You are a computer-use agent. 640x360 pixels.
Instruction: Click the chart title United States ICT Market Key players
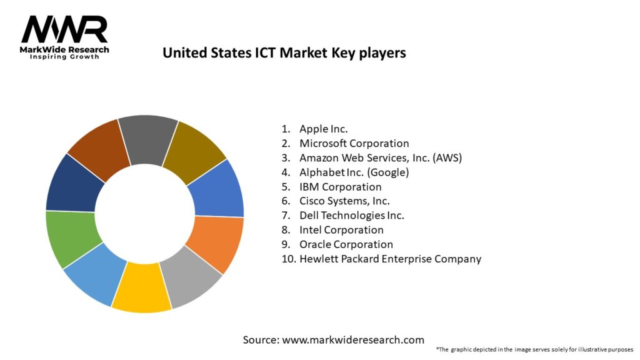[x=284, y=53]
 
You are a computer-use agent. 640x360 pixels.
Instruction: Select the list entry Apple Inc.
[x=323, y=129]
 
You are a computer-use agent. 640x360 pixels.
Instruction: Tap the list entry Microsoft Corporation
[x=354, y=143]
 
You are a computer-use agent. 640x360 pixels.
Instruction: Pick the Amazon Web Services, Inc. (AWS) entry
[x=380, y=157]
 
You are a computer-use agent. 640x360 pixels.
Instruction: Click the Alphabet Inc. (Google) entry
[x=354, y=172]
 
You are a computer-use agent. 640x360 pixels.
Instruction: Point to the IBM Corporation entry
[x=340, y=186]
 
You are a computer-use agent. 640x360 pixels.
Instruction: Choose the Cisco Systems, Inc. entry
[x=344, y=201]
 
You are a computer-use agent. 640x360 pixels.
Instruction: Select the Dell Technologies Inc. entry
[x=351, y=215]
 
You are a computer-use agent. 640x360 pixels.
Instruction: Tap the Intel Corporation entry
[x=341, y=230]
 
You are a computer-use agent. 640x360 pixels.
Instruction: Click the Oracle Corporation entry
[x=346, y=244]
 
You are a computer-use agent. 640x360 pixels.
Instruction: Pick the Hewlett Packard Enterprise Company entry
[x=390, y=259]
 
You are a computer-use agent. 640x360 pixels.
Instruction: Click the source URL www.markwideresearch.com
[x=353, y=340]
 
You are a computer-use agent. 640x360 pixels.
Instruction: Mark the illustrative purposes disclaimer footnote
[x=534, y=349]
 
